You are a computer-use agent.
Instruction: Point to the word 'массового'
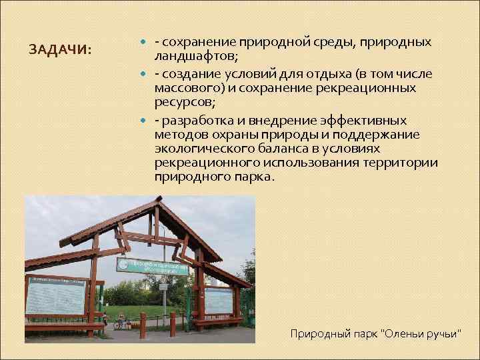click(x=184, y=88)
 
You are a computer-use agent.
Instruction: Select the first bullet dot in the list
click(x=146, y=43)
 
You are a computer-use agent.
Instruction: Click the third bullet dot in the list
click(x=146, y=121)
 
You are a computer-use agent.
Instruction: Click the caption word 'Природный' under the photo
click(x=317, y=333)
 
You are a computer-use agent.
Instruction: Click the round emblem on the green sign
click(x=124, y=265)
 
